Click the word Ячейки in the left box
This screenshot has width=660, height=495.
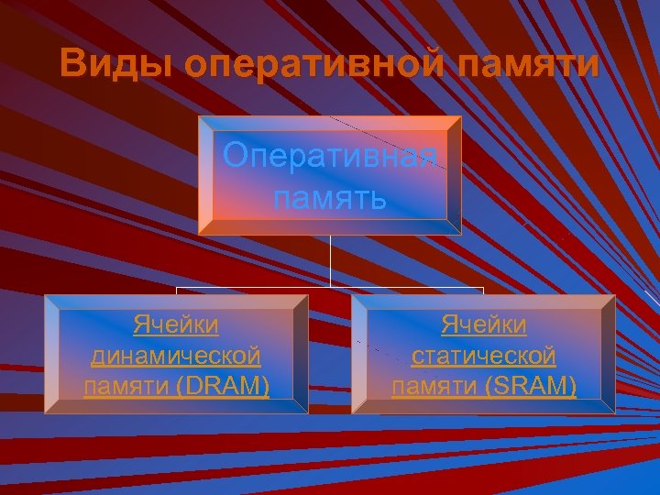(176, 324)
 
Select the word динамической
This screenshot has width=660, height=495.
(176, 356)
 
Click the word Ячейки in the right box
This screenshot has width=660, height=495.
(483, 324)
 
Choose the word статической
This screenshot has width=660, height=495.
(483, 356)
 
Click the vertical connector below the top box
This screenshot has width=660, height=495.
(330, 261)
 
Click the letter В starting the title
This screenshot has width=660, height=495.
(72, 65)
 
